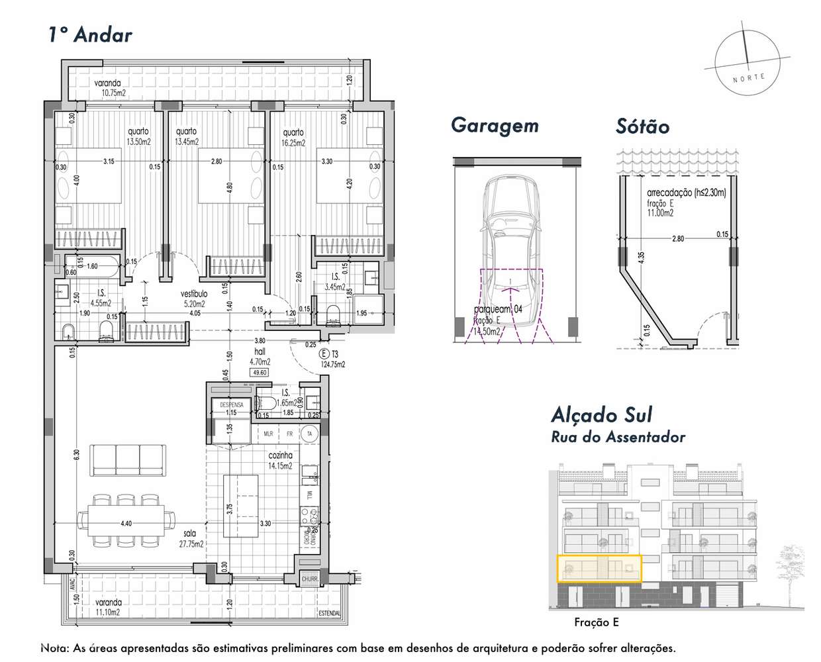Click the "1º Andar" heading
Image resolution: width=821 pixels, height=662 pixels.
[90, 34]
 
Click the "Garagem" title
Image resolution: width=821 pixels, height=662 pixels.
[495, 126]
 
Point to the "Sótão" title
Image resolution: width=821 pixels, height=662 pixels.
[642, 126]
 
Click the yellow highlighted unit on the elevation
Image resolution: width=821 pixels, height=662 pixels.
[600, 568]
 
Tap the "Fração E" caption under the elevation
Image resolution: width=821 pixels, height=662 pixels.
[597, 622]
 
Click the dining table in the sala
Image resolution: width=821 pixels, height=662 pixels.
[121, 520]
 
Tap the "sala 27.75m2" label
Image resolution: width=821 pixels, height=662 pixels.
[191, 538]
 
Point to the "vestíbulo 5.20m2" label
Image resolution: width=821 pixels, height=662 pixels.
[194, 299]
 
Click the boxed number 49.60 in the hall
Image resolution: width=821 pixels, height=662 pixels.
[259, 373]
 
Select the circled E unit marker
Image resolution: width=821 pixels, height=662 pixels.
[324, 354]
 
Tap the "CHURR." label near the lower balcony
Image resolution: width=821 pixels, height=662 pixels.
[310, 579]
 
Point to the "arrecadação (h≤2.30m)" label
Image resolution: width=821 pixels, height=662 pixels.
[686, 193]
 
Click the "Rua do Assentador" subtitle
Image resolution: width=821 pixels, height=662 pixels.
[618, 437]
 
